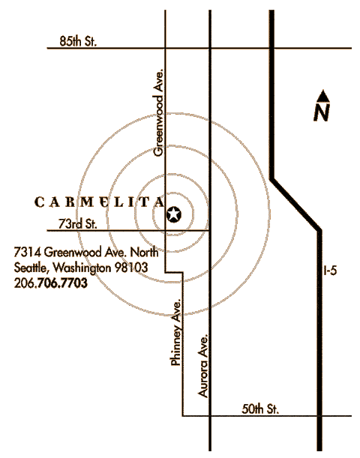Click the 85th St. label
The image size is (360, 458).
[78, 41]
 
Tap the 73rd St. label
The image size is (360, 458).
[78, 223]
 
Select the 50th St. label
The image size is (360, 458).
[260, 409]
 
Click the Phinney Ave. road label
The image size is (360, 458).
[177, 332]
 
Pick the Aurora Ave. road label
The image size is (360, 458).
[203, 366]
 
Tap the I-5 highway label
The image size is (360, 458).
[330, 271]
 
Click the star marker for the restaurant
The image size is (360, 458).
[173, 214]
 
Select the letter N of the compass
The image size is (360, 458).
[322, 112]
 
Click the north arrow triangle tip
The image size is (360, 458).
[323, 90]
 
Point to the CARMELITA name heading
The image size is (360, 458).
[99, 202]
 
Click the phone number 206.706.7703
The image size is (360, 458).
[51, 283]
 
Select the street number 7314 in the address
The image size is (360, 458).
[28, 252]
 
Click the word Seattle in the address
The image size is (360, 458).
[30, 268]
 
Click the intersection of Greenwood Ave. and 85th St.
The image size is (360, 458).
[166, 48]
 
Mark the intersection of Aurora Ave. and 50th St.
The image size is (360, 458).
[210, 415]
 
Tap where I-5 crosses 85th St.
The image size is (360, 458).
[271, 48]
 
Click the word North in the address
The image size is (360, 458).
[144, 252]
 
